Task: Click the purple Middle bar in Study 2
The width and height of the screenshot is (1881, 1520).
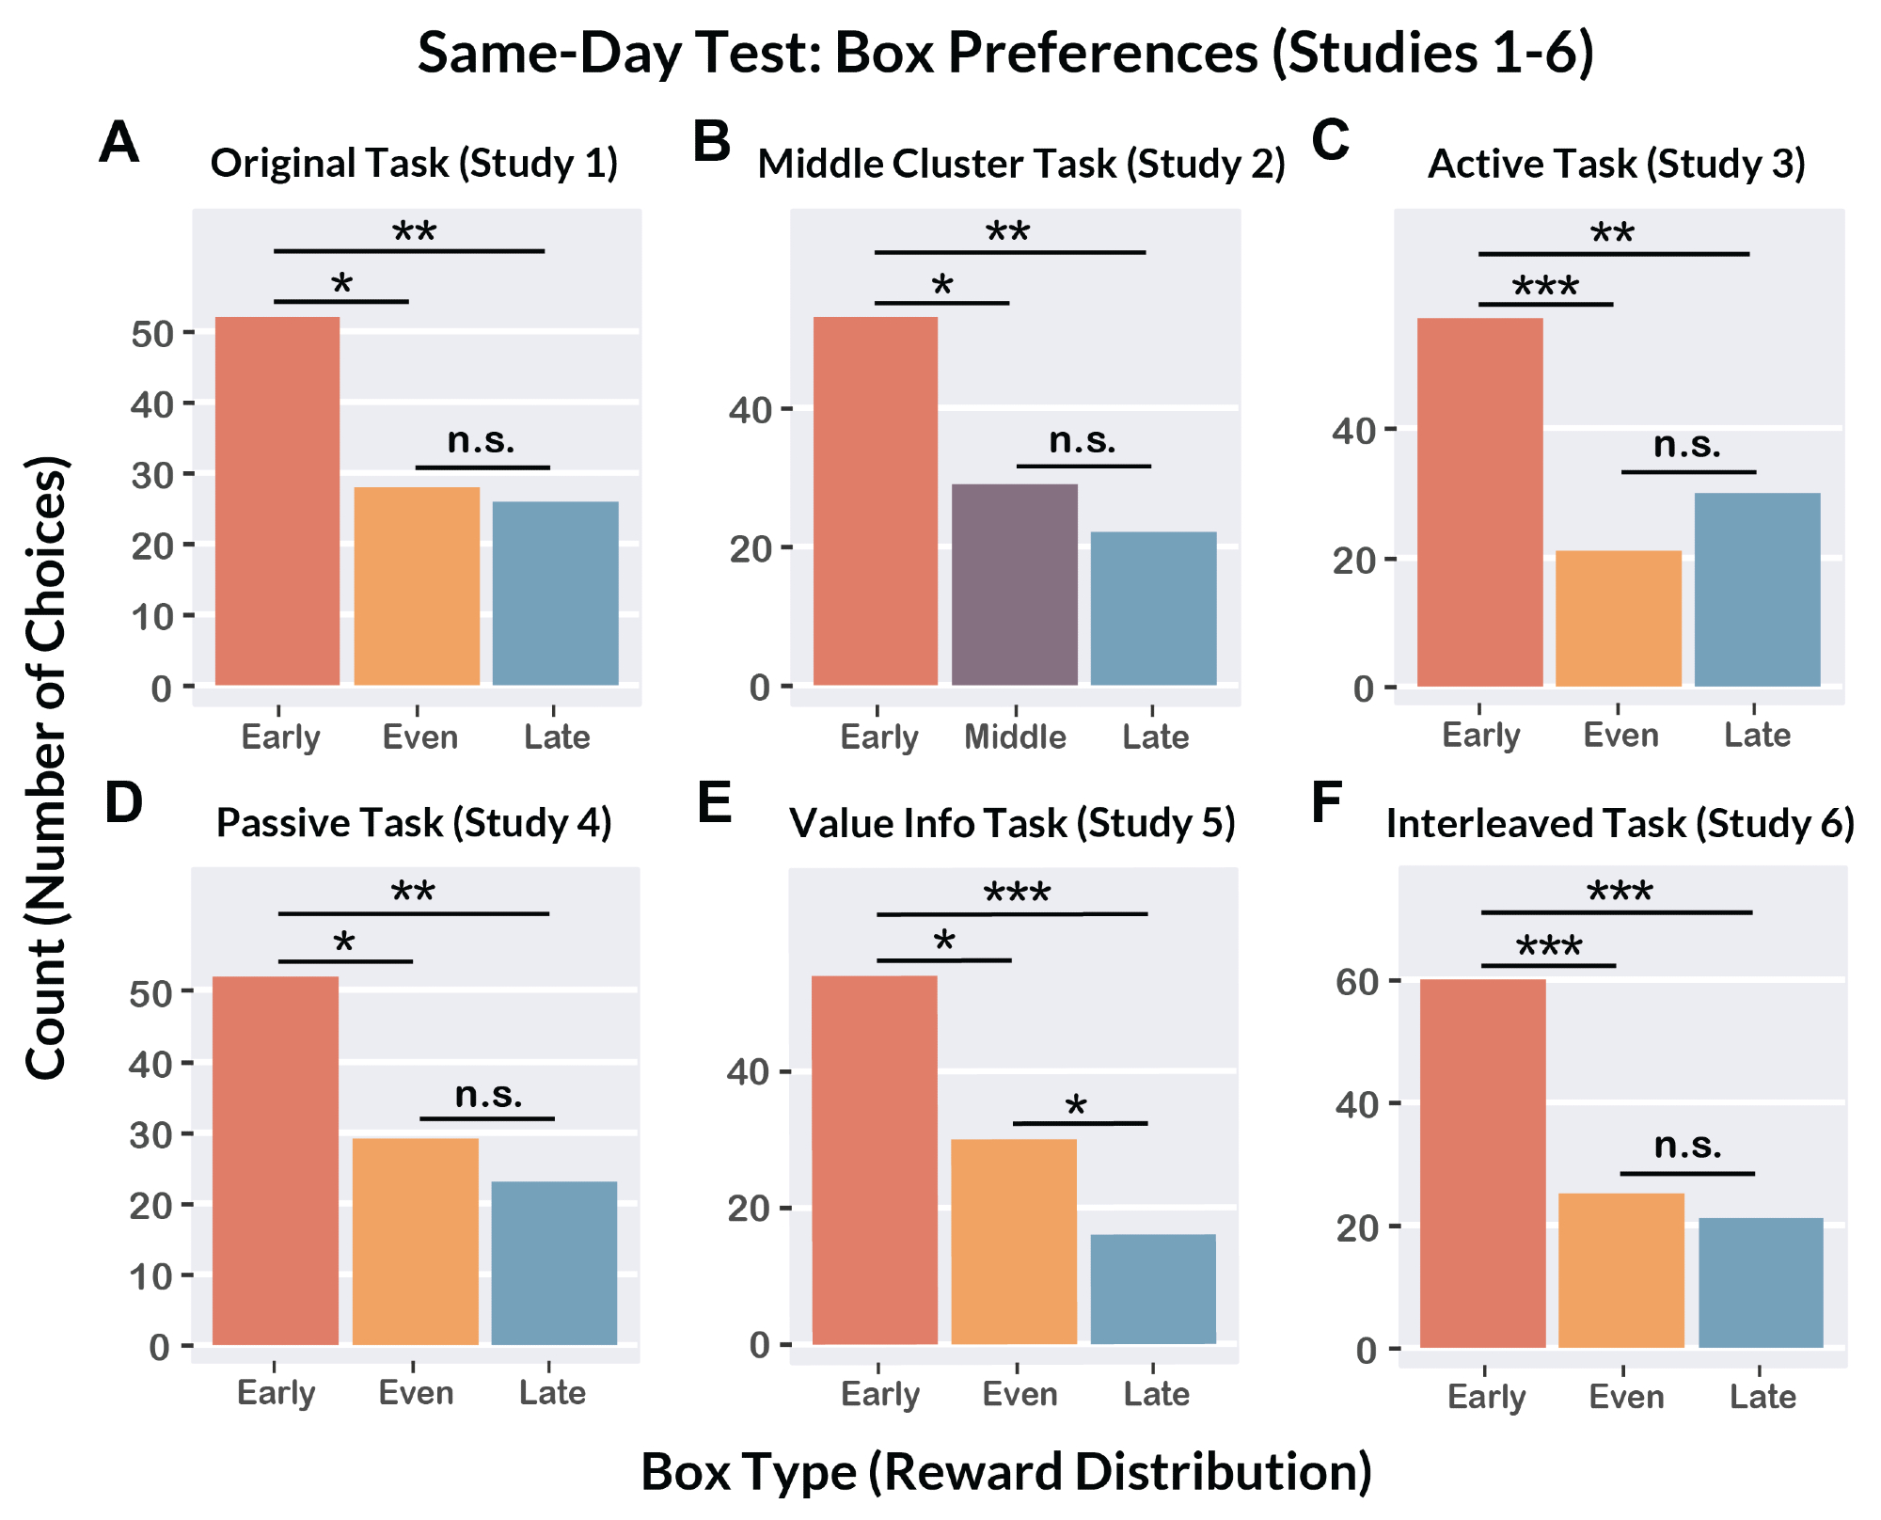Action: [1015, 584]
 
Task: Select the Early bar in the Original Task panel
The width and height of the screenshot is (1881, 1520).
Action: [277, 500]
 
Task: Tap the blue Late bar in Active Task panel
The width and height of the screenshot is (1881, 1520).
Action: [1757, 589]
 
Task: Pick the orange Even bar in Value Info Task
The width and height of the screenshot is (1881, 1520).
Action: [1014, 1241]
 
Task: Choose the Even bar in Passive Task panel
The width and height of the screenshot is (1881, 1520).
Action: [416, 1241]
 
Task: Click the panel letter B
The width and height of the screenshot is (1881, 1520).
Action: [711, 142]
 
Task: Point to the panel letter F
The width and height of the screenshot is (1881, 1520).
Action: [1326, 802]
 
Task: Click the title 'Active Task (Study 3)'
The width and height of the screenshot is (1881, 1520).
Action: [1617, 164]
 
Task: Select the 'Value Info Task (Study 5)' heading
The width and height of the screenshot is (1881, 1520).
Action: [1012, 823]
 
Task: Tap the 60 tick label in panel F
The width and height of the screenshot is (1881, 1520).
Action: [1357, 982]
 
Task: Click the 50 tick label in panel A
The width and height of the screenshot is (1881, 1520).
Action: [152, 334]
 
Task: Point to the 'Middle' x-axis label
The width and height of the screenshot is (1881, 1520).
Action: [1015, 736]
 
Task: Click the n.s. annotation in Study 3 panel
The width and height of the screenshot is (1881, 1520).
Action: [1687, 445]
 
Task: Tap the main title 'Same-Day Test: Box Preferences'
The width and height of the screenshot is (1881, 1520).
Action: [1005, 53]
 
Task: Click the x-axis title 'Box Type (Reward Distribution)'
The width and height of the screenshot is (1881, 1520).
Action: [1005, 1472]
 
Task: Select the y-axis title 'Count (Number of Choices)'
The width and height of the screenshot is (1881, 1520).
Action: [47, 767]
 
